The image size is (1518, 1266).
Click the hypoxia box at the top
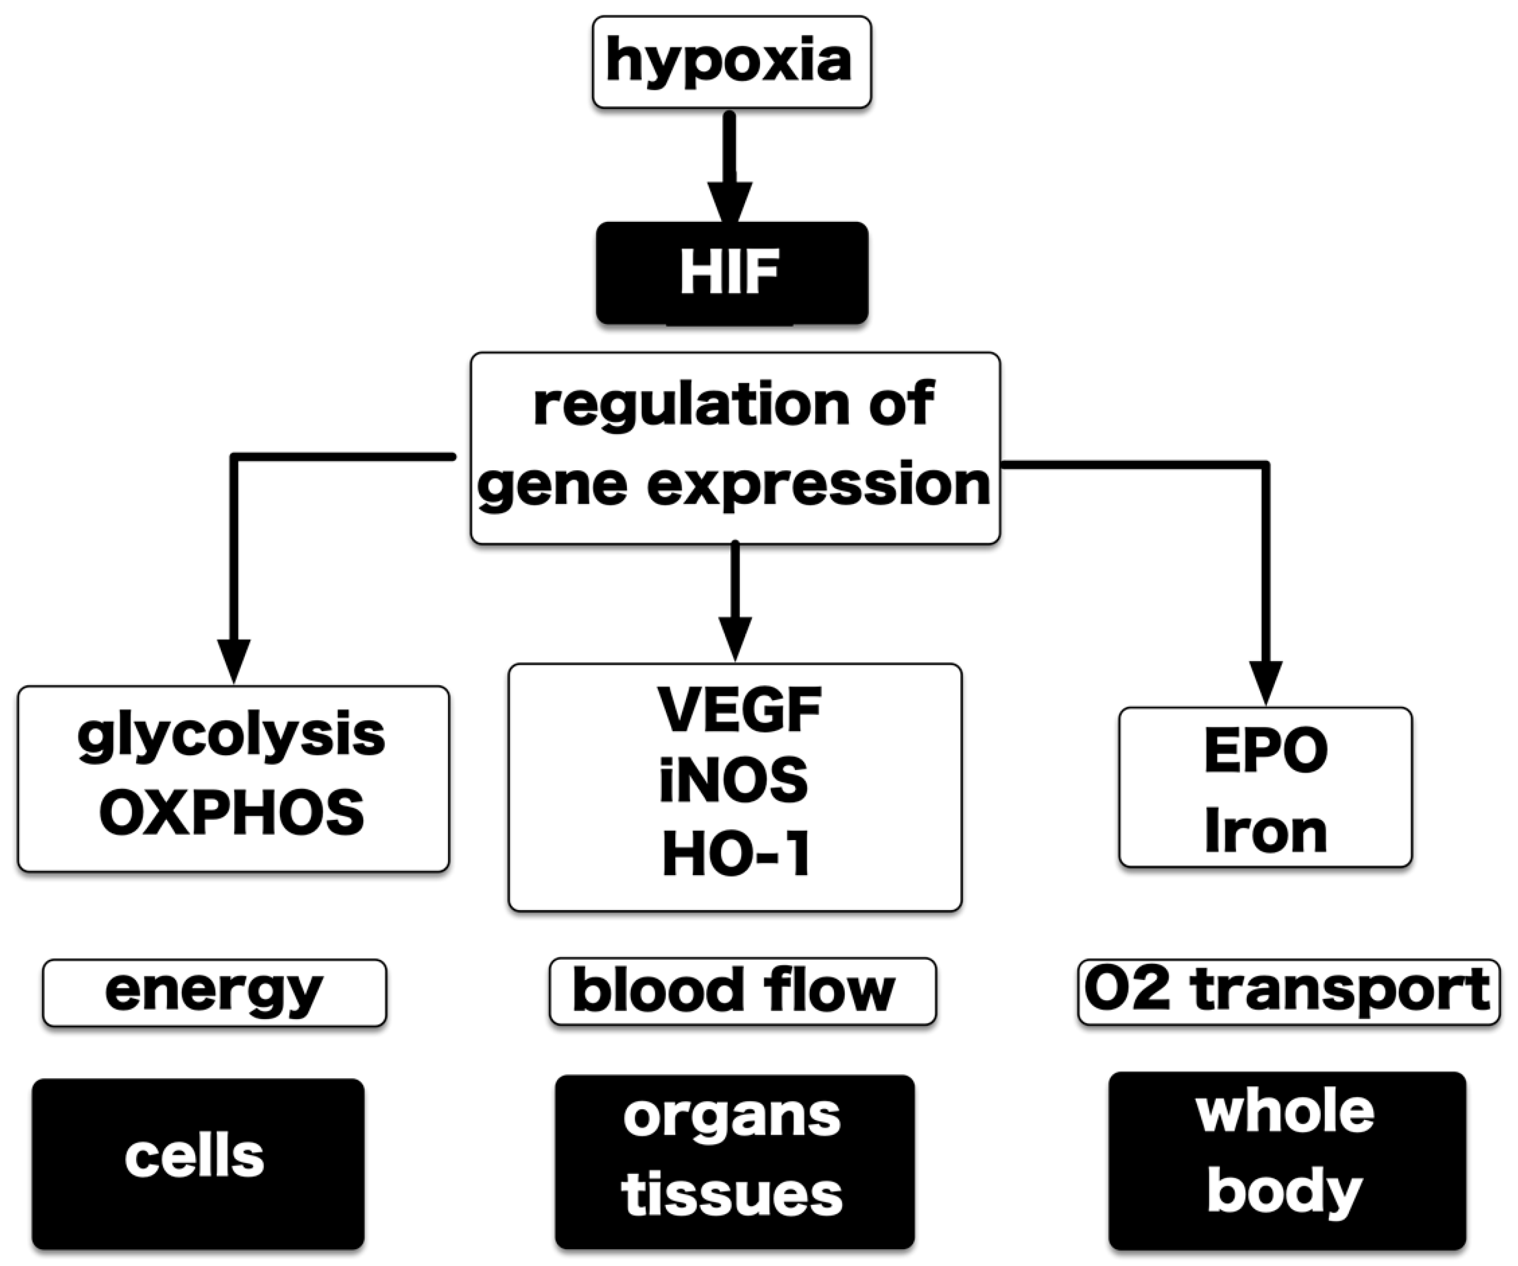731,62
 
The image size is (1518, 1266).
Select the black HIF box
731,273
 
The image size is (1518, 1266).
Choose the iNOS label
734,781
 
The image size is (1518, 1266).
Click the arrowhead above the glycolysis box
234,660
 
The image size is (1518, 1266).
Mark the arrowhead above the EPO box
1265,681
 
